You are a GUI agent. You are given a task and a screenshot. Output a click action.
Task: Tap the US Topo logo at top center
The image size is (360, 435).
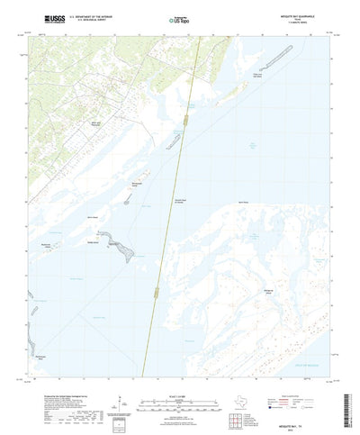pyautogui.click(x=179, y=17)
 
